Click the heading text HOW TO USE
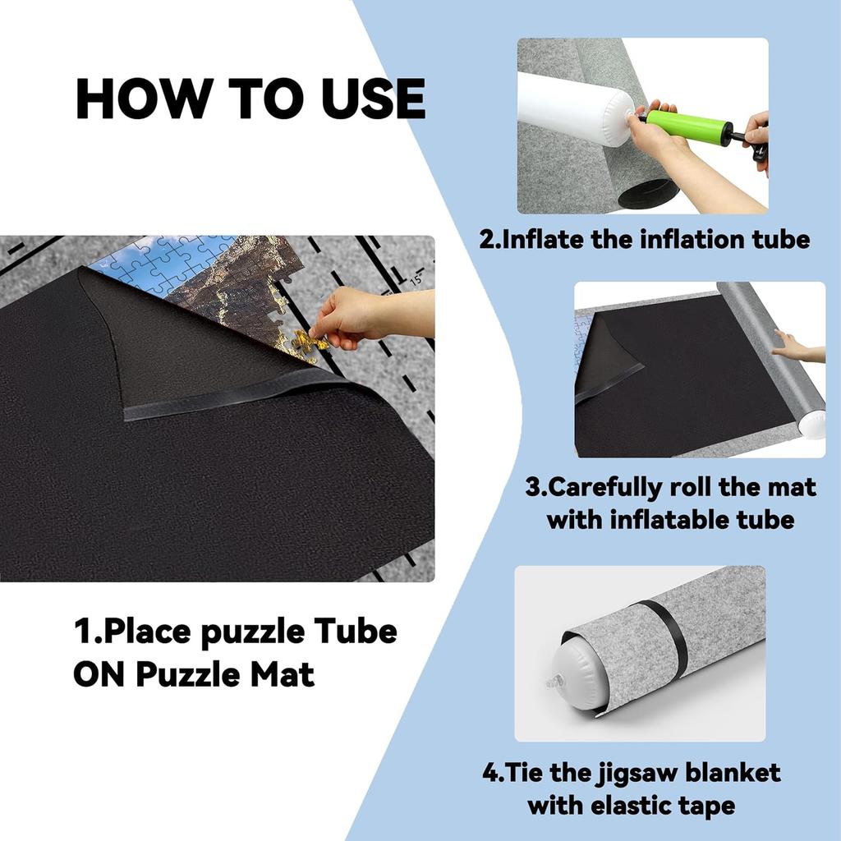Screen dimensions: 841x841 pyautogui.click(x=250, y=99)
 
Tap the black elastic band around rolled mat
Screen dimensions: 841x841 pyautogui.click(x=667, y=633)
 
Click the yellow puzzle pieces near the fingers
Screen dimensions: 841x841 pyautogui.click(x=307, y=343)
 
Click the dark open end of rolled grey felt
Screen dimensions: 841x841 pyautogui.click(x=645, y=195)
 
